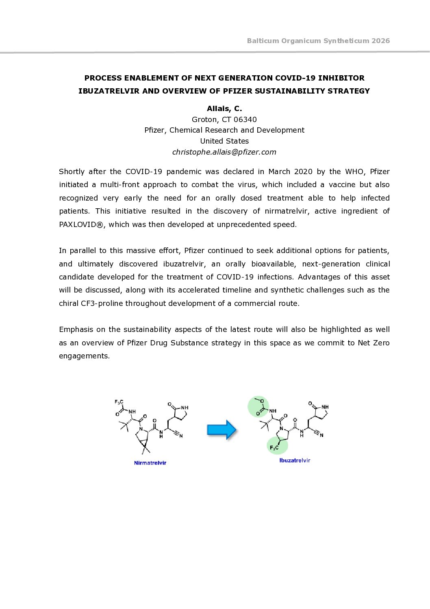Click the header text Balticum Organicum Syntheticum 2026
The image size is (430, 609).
[x=318, y=41]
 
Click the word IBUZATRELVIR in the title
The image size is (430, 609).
[x=109, y=91]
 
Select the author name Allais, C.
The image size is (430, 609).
[x=224, y=109]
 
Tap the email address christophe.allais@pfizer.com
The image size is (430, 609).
[x=224, y=152]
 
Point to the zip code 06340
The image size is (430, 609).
[x=245, y=120]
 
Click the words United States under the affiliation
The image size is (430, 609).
[x=224, y=141]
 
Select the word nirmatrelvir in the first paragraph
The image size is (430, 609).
[x=287, y=211]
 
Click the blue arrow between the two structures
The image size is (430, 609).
[x=222, y=430]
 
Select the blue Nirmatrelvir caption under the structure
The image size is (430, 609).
[x=150, y=463]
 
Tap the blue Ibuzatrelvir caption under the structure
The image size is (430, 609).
[x=295, y=461]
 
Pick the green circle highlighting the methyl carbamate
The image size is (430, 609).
[x=258, y=406]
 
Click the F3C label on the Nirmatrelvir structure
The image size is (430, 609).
[x=119, y=402]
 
